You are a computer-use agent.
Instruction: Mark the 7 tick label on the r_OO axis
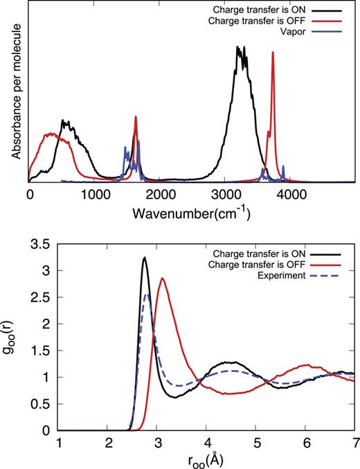click(353, 442)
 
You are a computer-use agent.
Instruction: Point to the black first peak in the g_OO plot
click(144, 258)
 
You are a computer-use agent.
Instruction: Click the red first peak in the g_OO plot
click(162, 278)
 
